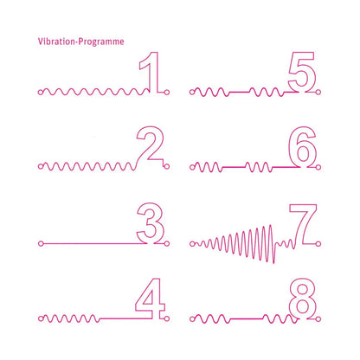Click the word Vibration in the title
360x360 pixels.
[x=56, y=42]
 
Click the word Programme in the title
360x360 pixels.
[x=101, y=42]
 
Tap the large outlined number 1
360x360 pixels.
[x=149, y=72]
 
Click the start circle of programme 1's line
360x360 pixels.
[x=41, y=93]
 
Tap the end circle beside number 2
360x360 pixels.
[x=166, y=166]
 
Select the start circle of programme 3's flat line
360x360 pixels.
[x=41, y=244]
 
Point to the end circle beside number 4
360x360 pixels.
[x=166, y=318]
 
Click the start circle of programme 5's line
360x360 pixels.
[x=192, y=93]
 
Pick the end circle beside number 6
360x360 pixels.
[x=318, y=167]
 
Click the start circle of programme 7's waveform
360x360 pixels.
[x=192, y=244]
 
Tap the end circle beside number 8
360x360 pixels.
[x=318, y=318]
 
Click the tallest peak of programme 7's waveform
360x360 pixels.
[x=270, y=226]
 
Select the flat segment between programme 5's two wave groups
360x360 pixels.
[x=239, y=92]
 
